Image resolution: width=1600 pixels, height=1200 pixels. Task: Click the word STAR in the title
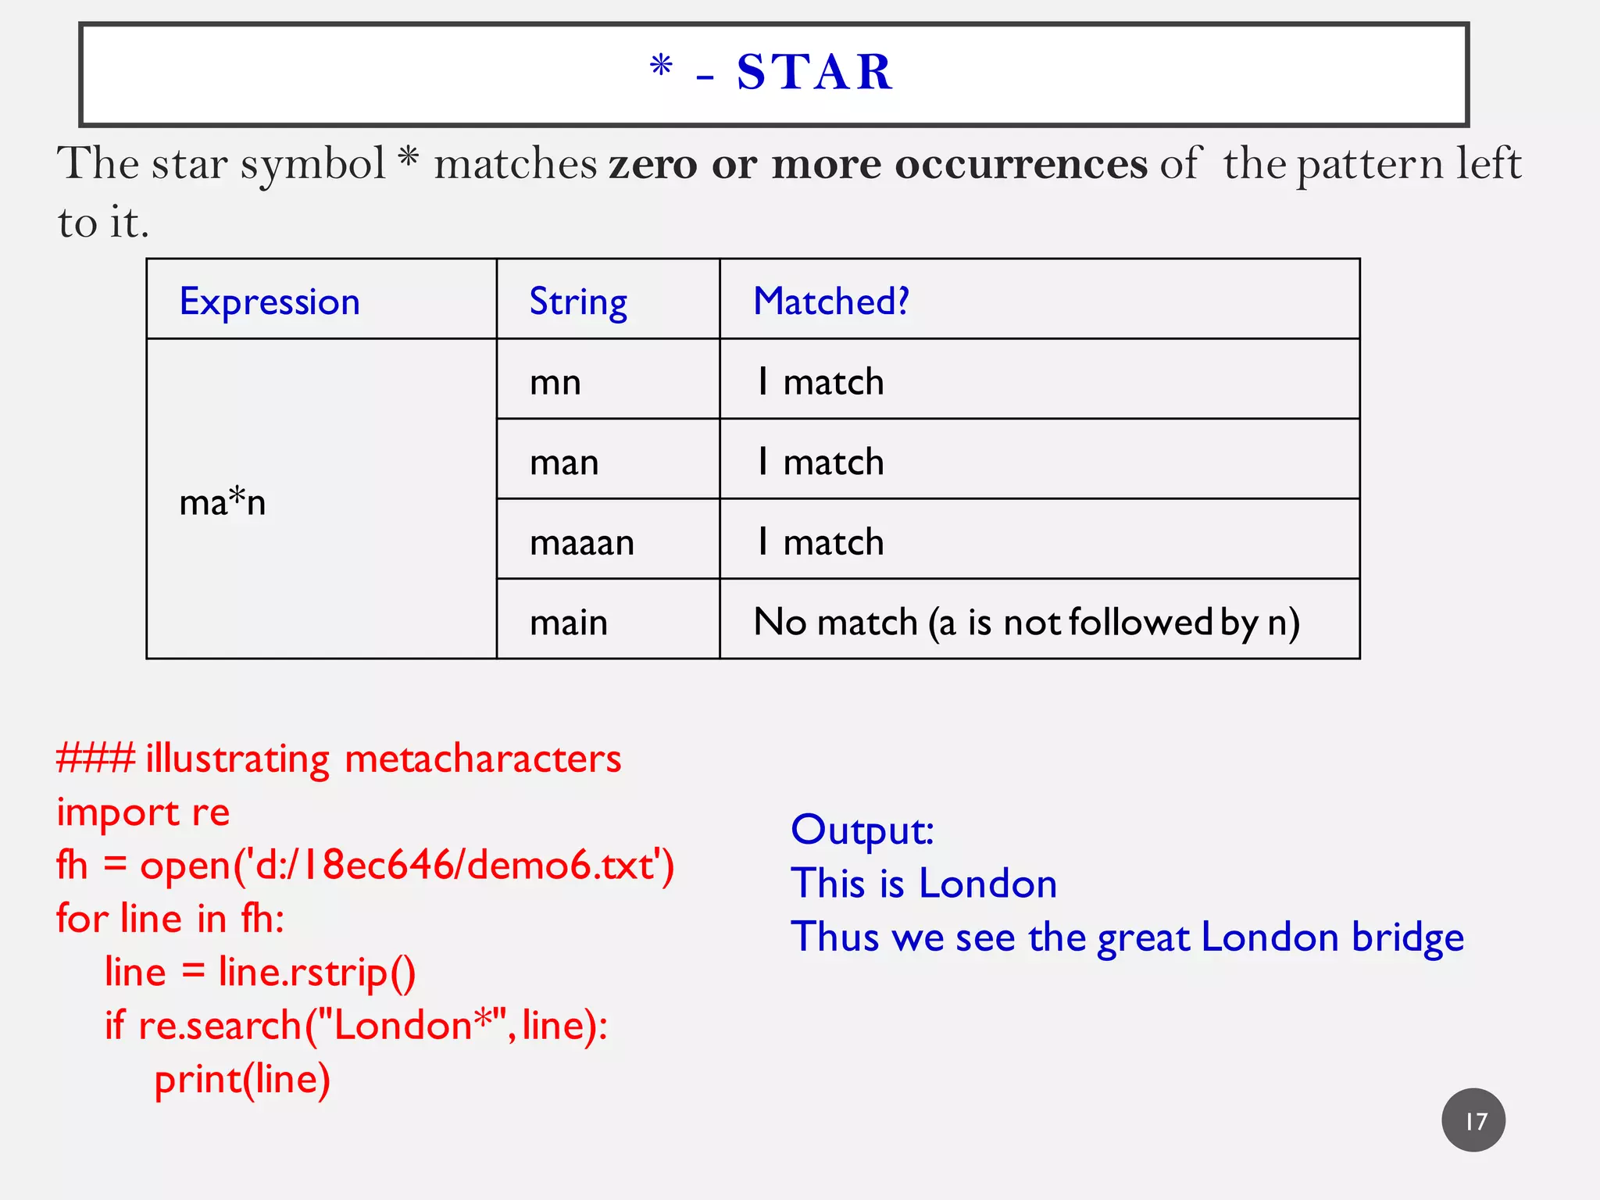tap(814, 73)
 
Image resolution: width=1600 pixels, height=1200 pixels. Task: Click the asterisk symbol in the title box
tap(661, 67)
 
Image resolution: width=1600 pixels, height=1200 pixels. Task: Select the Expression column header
tap(270, 302)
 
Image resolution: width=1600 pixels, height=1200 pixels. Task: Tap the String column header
tap(578, 302)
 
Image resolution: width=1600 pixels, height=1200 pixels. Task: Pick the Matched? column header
tap(831, 302)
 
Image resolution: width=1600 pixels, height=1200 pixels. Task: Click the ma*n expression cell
tap(223, 502)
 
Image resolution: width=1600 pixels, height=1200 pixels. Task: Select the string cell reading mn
tap(555, 382)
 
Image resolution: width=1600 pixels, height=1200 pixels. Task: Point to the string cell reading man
tap(564, 462)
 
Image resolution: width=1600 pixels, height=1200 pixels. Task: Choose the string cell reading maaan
tap(582, 542)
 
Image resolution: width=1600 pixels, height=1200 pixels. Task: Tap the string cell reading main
tap(569, 623)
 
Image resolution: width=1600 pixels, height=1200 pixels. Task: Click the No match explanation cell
tap(1027, 623)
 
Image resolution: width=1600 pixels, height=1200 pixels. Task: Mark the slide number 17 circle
tap(1473, 1120)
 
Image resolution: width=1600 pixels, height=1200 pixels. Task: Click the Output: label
tap(862, 830)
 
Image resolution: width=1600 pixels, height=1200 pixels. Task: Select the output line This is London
tap(924, 884)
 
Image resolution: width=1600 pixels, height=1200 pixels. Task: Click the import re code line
tap(143, 812)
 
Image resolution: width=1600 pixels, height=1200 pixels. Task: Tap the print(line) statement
tap(242, 1080)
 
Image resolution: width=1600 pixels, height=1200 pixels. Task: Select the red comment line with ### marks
tap(338, 759)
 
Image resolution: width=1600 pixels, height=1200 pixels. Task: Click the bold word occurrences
tap(1021, 164)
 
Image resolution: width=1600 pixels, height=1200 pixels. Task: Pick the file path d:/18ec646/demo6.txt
tap(454, 866)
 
